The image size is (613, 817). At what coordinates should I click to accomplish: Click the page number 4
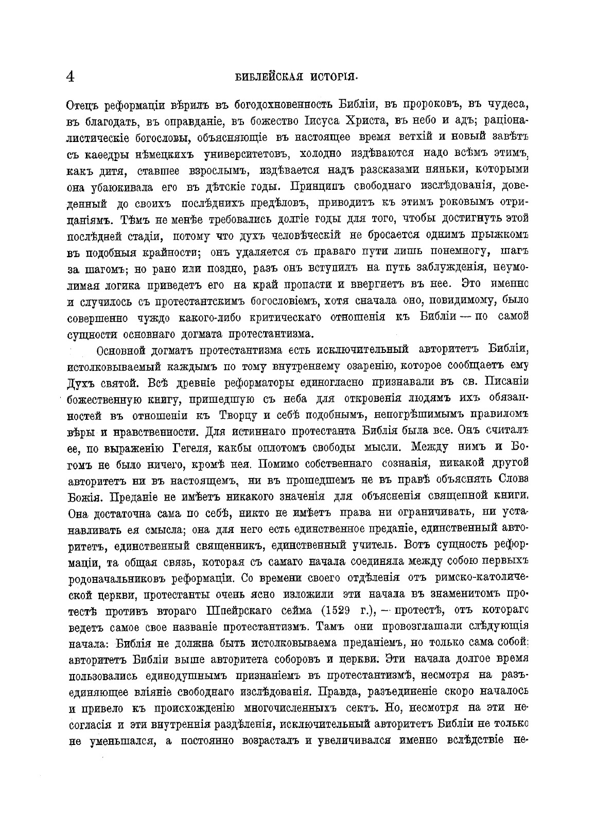click(x=71, y=77)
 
